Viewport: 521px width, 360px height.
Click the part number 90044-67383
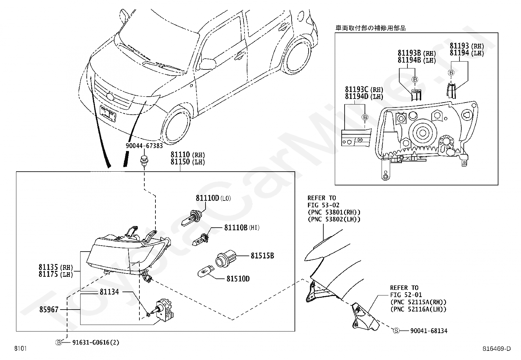(144, 146)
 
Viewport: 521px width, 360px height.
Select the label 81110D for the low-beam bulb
(207, 198)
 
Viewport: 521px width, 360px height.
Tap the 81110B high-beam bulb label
(236, 227)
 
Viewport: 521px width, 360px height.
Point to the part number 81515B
(262, 256)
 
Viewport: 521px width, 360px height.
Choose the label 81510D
(238, 279)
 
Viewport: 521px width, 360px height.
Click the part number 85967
(49, 309)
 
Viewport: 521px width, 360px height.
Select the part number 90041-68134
(429, 331)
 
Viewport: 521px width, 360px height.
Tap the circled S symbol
(396, 331)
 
